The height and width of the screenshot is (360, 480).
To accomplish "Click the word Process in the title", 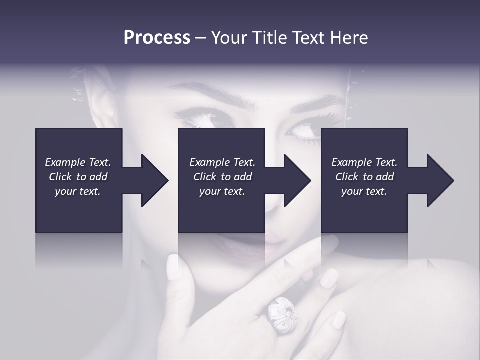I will click(x=157, y=38).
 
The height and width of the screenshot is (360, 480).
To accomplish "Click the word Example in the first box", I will click(x=65, y=162).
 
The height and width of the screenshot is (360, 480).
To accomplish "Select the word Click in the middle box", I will click(x=205, y=177).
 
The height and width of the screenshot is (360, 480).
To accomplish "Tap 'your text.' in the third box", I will click(x=364, y=191).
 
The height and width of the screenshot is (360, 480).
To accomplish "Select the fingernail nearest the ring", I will click(x=329, y=278).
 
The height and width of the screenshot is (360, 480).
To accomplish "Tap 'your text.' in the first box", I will click(x=78, y=191).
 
